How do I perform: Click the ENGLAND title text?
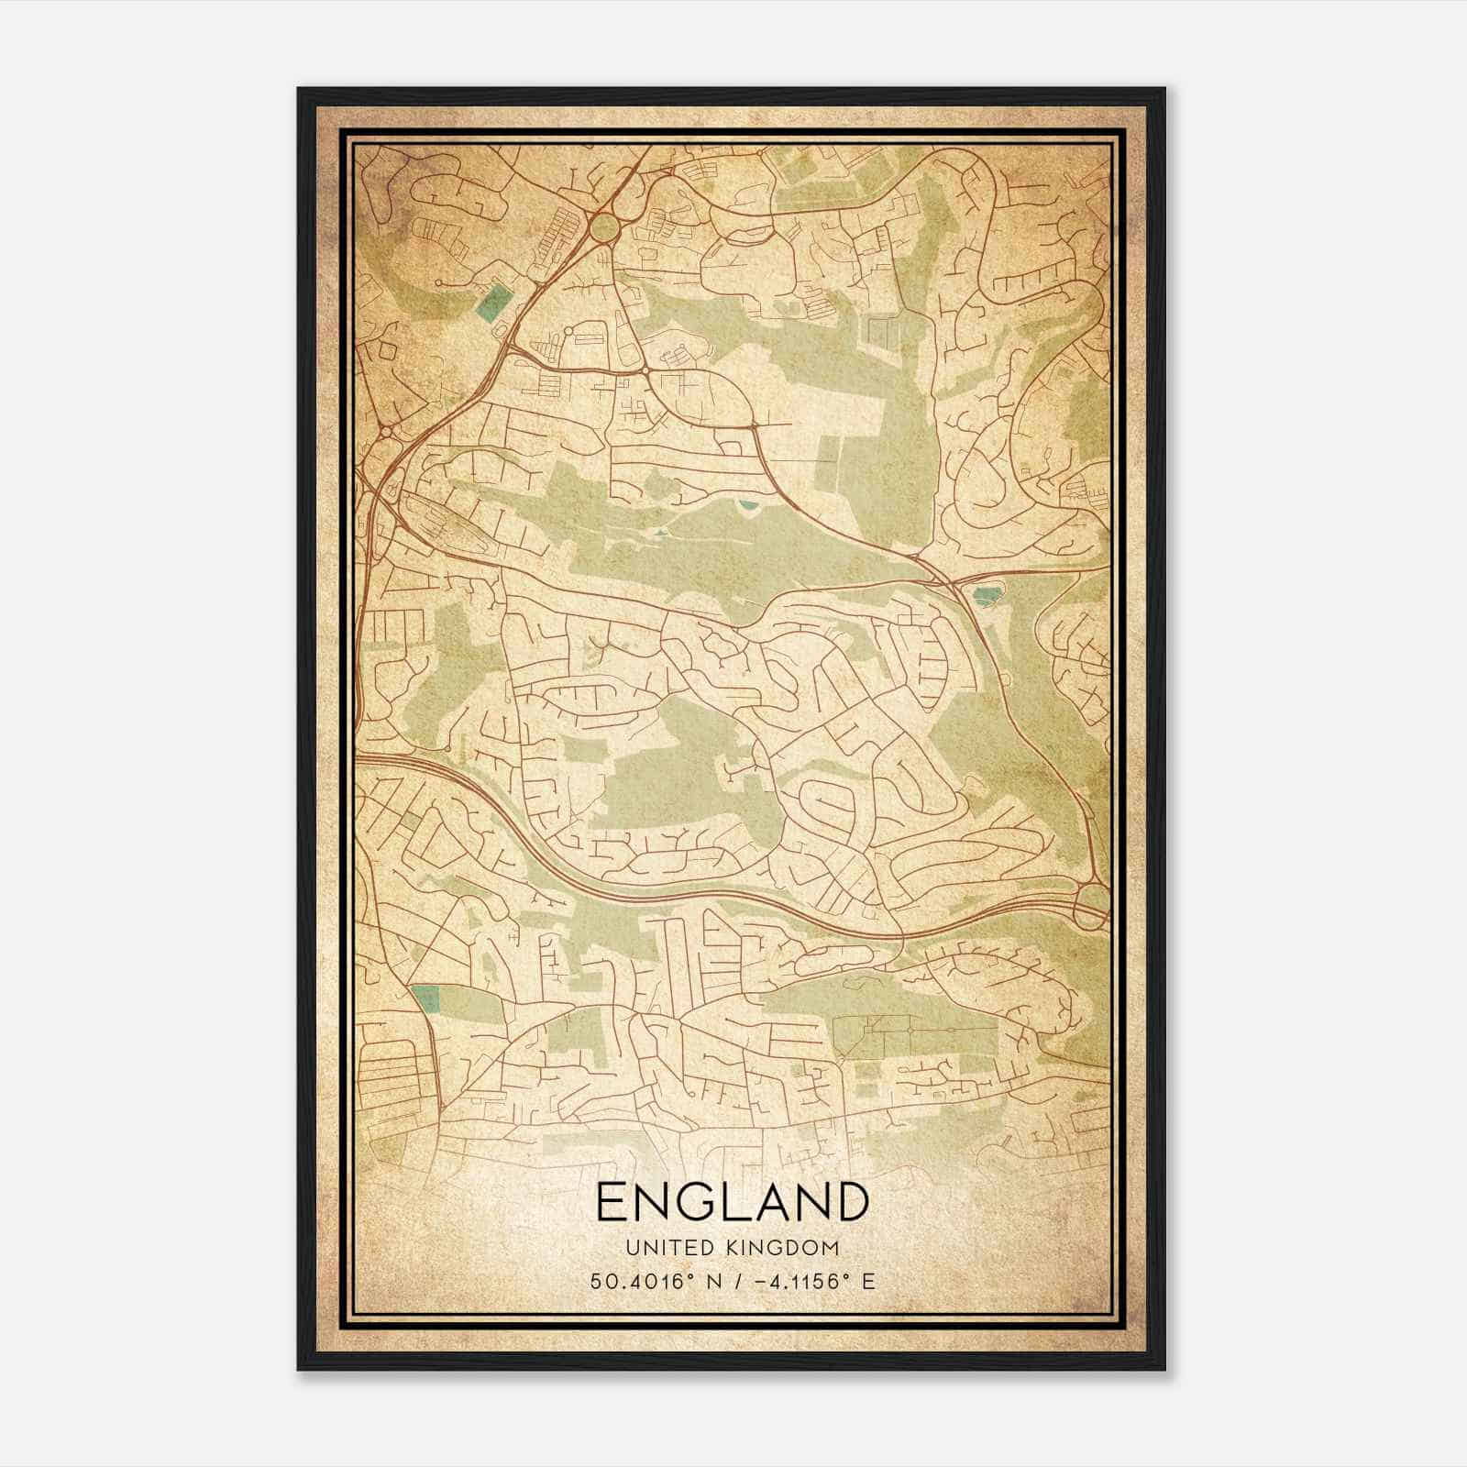coord(732,1202)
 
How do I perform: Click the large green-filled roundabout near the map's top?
coord(604,229)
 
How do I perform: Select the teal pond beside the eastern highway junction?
coord(986,596)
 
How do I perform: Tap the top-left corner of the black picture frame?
coord(299,89)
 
